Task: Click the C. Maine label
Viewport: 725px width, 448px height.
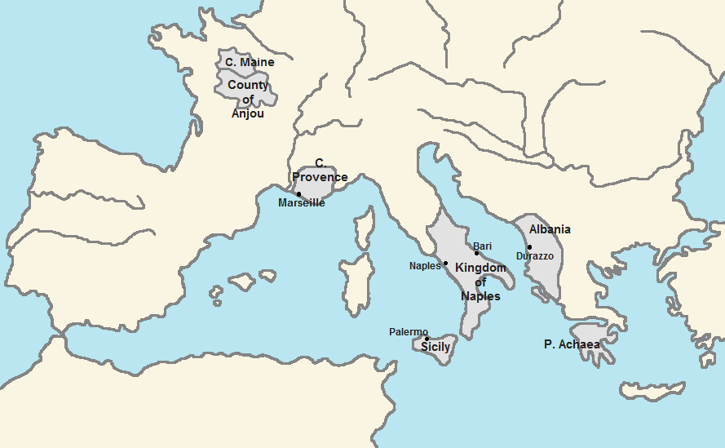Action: pos(250,62)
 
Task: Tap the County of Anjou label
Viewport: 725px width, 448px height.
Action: pos(248,99)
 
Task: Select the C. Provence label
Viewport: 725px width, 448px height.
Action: pos(320,171)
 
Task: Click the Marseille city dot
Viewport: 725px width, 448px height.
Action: pos(298,194)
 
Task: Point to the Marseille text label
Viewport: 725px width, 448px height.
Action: pos(301,203)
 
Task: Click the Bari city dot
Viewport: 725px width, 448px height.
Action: pos(476,253)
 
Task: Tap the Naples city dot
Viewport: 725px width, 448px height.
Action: pos(445,264)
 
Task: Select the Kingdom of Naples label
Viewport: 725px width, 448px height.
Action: pos(480,282)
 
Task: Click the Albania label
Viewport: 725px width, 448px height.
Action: pos(550,229)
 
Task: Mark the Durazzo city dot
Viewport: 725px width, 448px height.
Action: pos(529,247)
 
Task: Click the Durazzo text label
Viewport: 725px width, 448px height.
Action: pos(535,256)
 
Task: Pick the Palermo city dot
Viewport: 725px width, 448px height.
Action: pos(427,339)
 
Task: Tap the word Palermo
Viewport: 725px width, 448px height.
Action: pos(408,331)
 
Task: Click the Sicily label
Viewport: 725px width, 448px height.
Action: pos(435,348)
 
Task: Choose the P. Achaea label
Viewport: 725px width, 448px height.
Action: pos(572,344)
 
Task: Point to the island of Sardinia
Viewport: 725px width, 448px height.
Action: pos(357,282)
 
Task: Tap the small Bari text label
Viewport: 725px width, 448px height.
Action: pos(482,246)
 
